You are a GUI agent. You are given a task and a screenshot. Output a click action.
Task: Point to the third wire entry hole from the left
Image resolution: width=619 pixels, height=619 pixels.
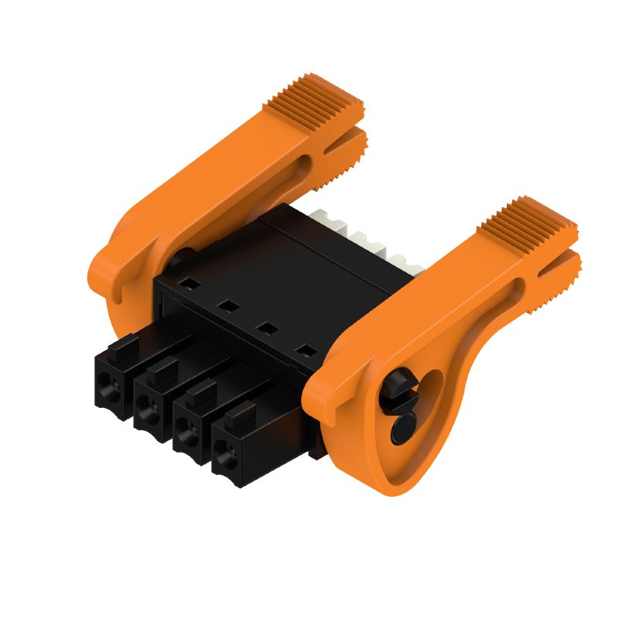(186, 433)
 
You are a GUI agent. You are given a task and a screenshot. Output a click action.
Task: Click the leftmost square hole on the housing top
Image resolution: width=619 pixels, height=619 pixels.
(186, 284)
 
